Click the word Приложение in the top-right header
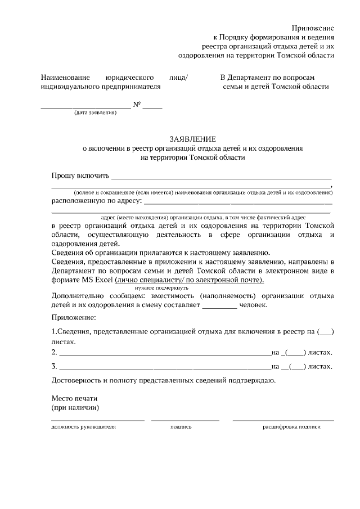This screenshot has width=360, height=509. [313, 28]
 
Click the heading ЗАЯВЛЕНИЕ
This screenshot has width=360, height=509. [193, 139]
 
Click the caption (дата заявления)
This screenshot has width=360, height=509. [95, 112]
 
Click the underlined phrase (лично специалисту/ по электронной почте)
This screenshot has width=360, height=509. [190, 280]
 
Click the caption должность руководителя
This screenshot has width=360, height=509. [83, 427]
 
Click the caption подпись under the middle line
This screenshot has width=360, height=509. [181, 427]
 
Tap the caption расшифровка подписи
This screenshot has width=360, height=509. [291, 427]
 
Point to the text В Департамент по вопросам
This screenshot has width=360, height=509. [267, 78]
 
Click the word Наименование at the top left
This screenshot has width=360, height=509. [65, 78]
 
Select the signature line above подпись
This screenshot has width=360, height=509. [185, 420]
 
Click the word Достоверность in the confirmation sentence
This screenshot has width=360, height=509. [76, 381]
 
